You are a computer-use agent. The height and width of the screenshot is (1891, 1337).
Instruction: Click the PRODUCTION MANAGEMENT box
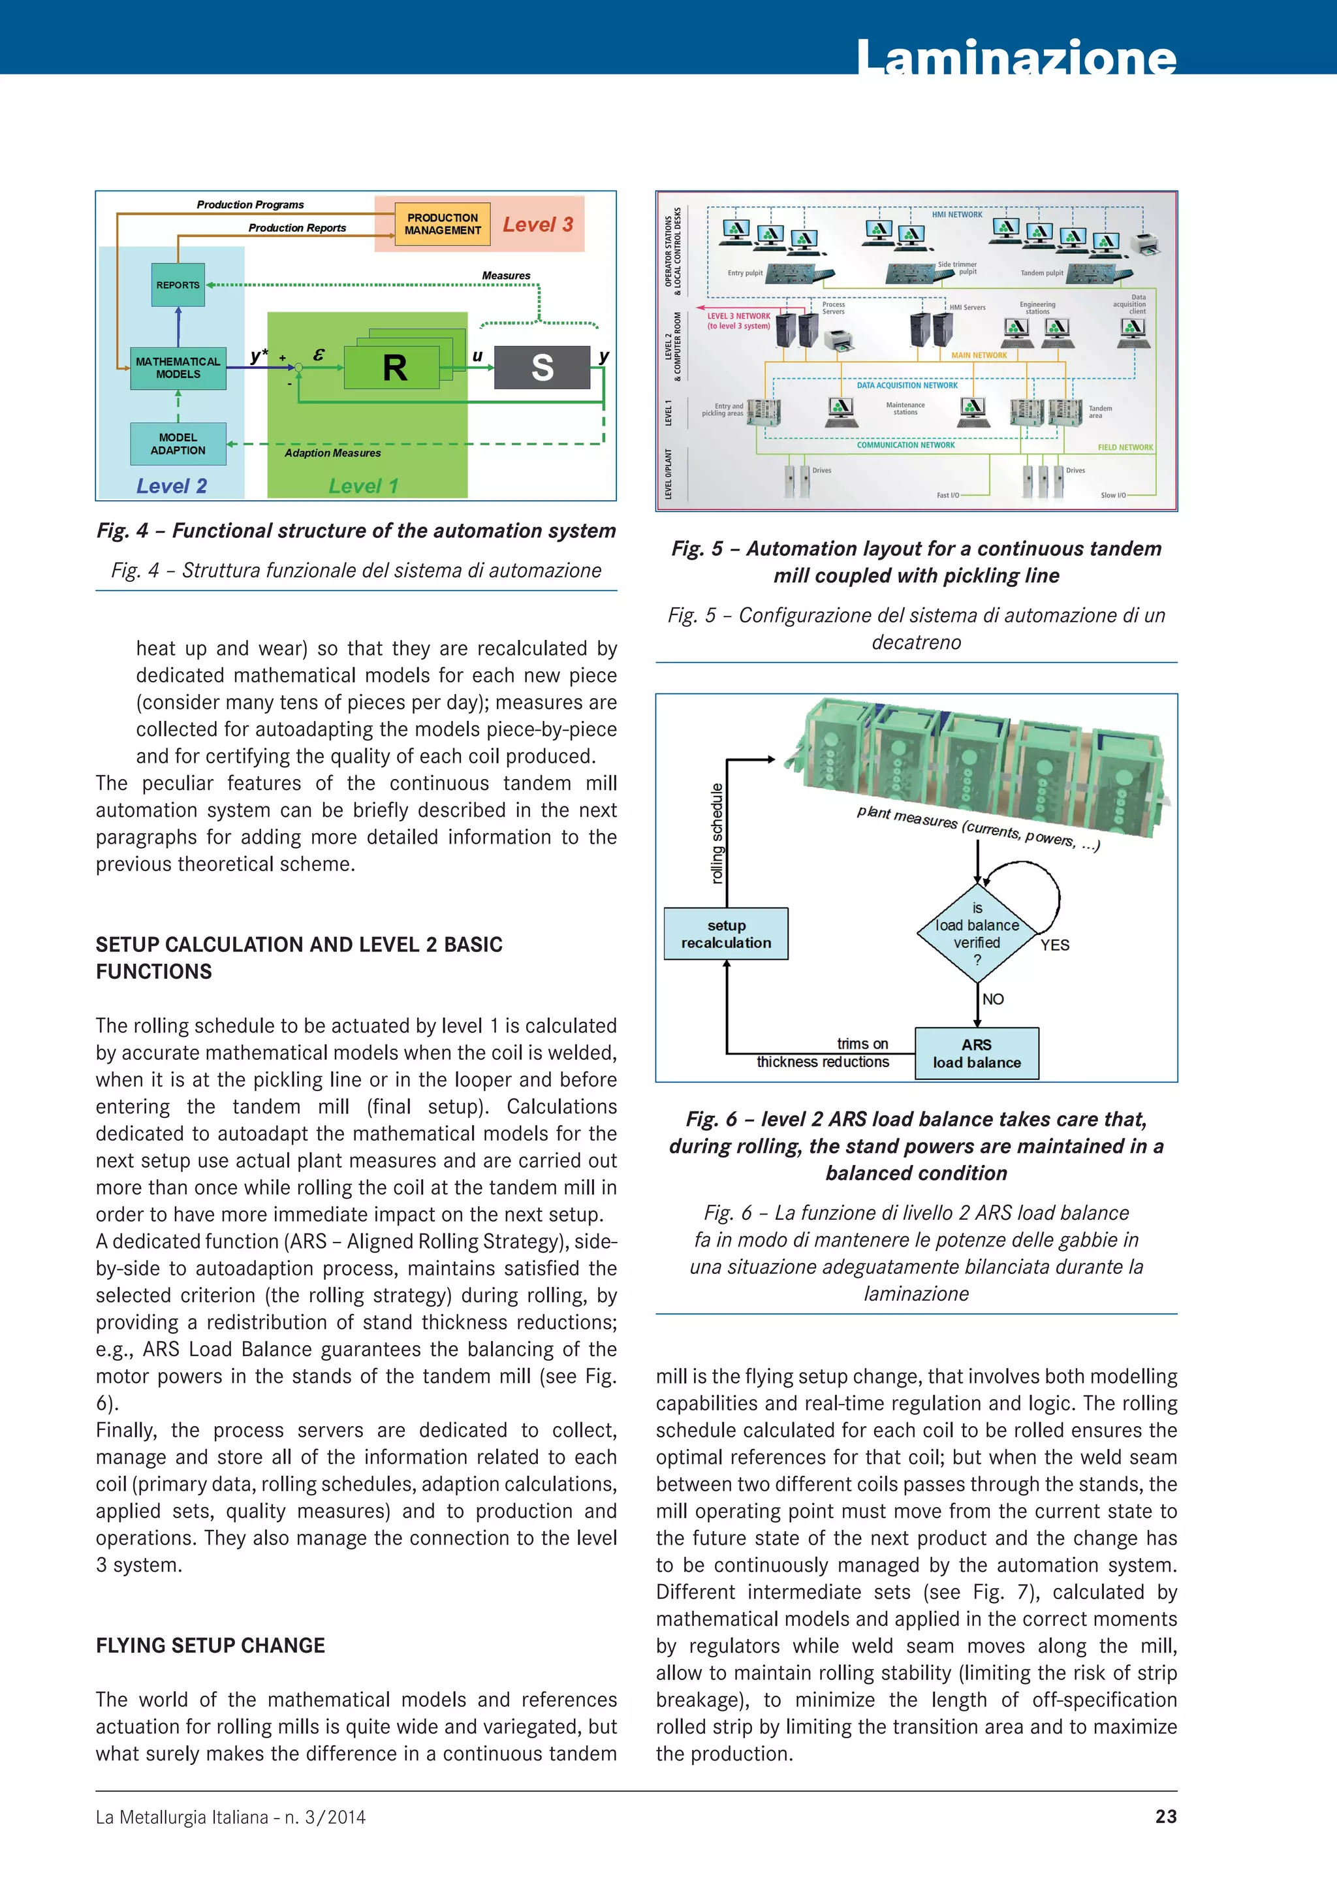point(442,224)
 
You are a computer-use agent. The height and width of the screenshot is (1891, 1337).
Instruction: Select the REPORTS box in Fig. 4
point(178,285)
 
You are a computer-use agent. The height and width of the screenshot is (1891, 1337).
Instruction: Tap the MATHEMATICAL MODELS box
point(178,368)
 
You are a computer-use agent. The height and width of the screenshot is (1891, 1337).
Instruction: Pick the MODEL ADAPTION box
point(178,444)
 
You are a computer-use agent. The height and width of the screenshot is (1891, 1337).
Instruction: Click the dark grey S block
point(542,368)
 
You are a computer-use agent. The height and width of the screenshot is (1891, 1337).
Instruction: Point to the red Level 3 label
point(537,225)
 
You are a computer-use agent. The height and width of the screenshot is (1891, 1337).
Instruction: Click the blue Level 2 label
point(171,486)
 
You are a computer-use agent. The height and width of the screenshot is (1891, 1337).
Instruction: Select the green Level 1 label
point(363,486)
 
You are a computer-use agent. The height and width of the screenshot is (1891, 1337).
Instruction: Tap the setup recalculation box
point(726,934)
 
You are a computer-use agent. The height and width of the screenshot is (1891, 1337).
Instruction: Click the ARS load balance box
point(977,1053)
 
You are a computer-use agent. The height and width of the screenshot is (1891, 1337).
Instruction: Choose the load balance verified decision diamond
point(977,933)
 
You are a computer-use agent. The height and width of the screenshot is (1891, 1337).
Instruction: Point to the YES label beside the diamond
point(1054,945)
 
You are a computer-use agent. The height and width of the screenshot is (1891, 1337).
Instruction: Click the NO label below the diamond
point(993,999)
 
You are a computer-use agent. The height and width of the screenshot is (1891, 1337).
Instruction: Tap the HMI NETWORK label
point(956,215)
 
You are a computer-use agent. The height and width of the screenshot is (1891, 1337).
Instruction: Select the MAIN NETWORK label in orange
point(979,356)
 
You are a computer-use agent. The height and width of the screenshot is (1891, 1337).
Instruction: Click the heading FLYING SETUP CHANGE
point(210,1645)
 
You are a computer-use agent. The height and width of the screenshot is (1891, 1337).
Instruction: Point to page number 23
point(1166,1817)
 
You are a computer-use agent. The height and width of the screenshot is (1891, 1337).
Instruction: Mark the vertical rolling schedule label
point(717,833)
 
